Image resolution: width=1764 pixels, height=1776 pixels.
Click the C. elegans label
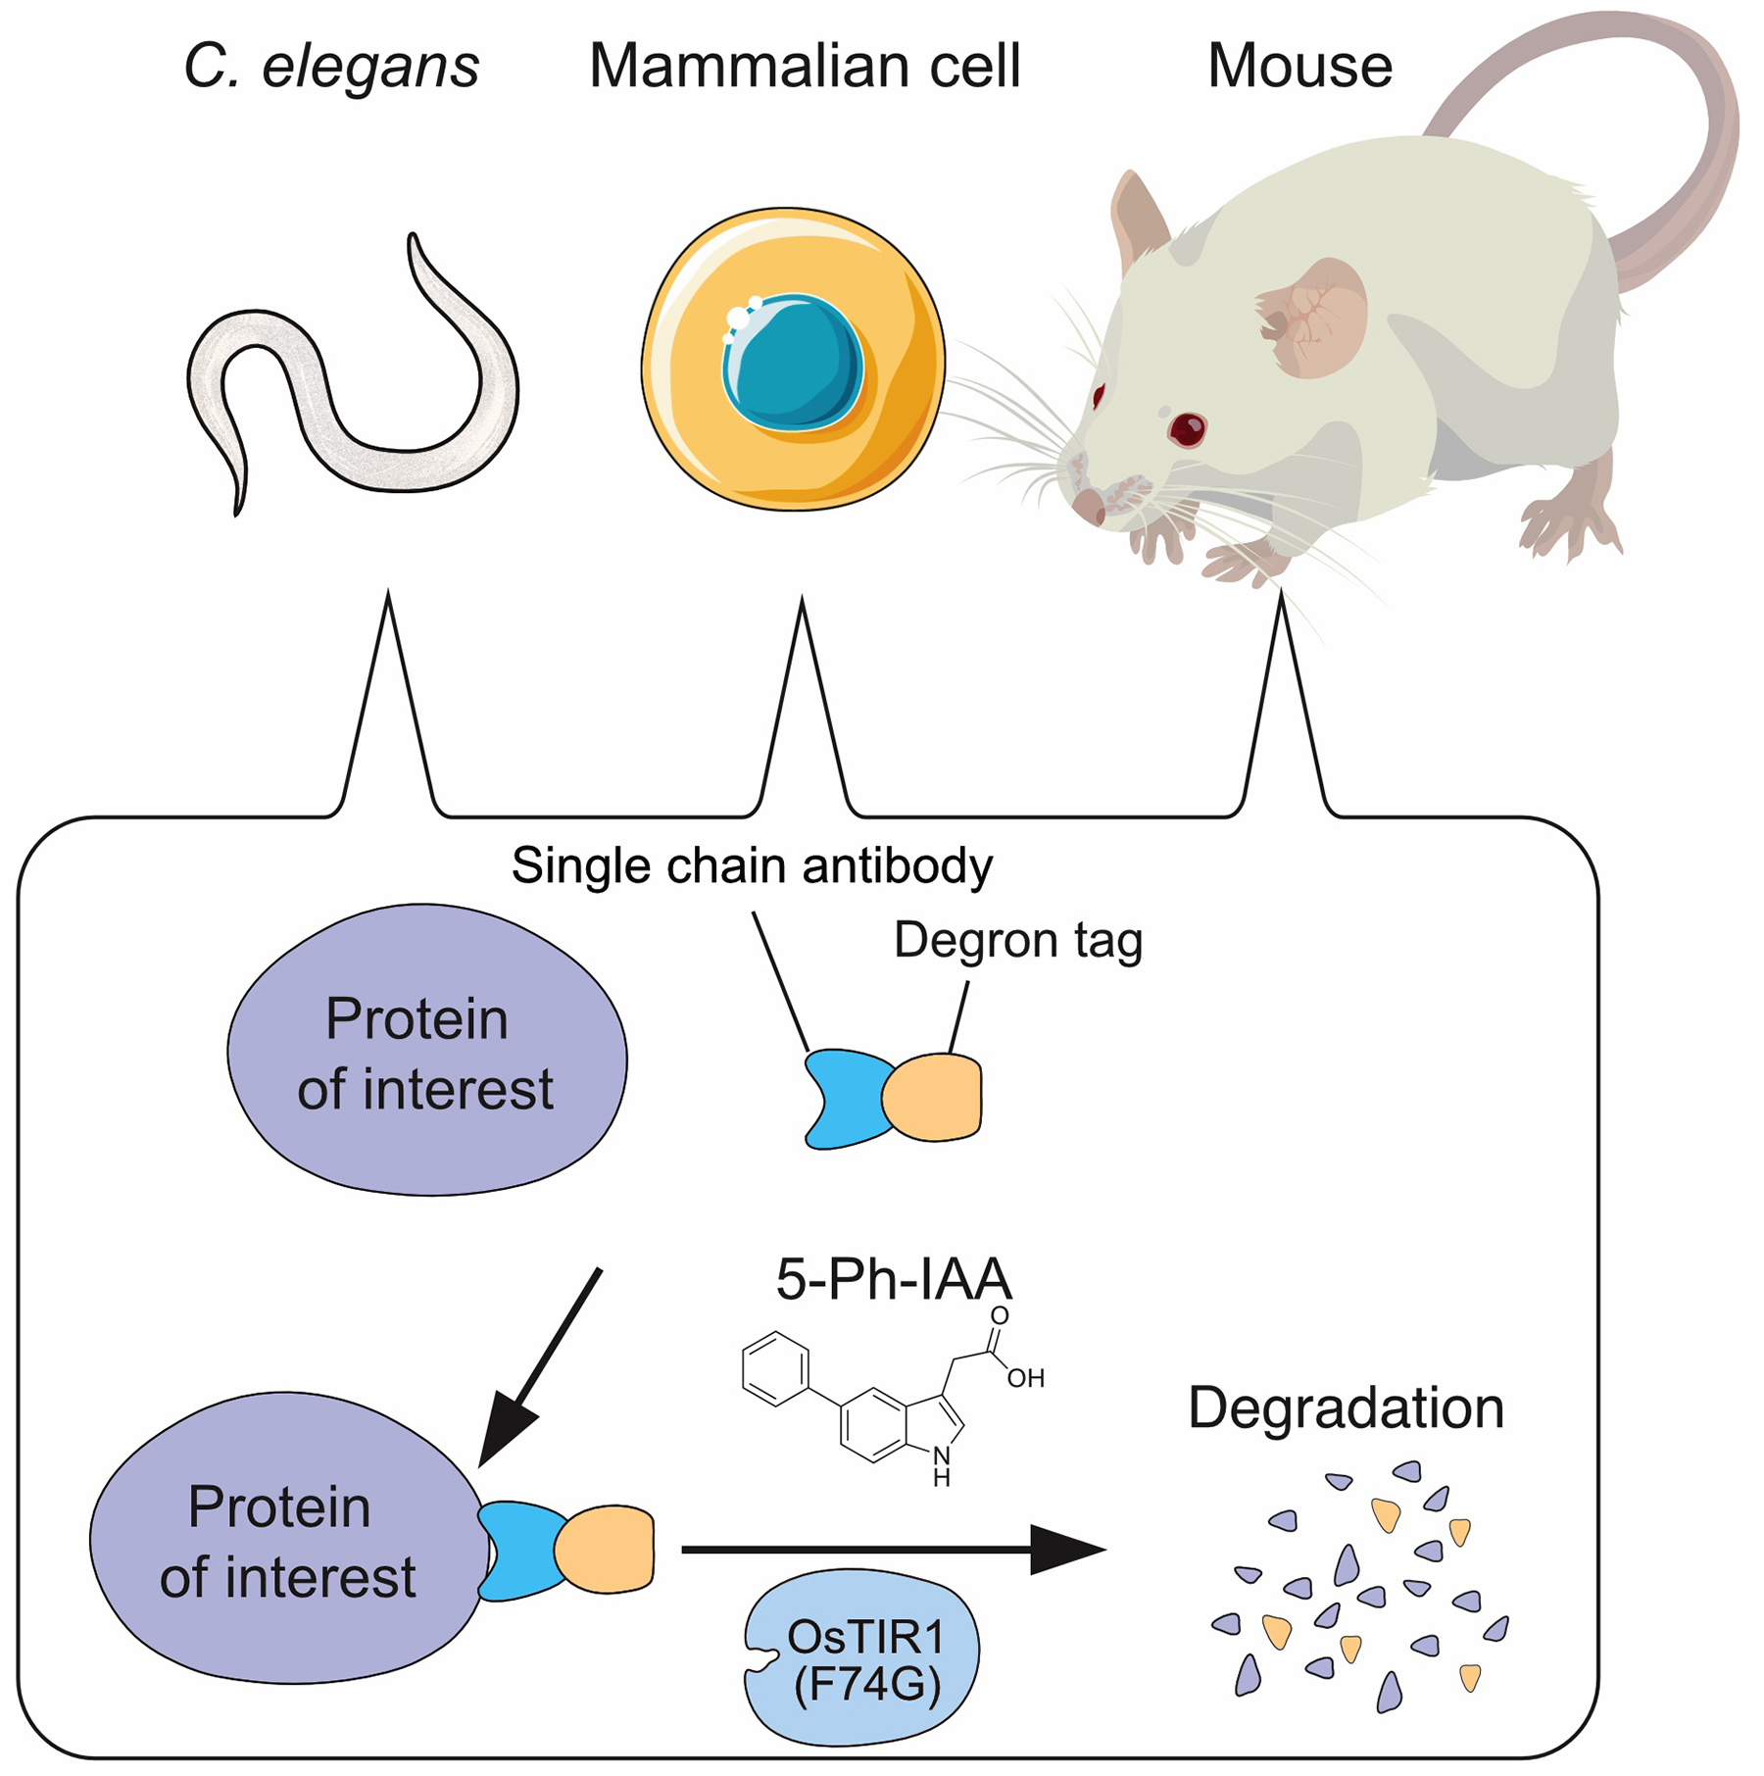[331, 67]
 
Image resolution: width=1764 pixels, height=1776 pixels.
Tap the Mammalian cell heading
[804, 67]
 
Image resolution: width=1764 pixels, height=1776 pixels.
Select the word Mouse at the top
[1299, 67]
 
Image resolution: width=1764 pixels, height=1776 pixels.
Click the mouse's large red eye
[1187, 428]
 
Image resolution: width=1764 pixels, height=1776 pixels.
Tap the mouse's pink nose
[1088, 505]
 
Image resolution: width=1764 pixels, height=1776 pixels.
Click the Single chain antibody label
[752, 866]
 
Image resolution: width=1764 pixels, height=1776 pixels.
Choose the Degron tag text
[1018, 940]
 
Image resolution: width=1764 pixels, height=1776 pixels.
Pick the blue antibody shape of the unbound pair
[843, 1098]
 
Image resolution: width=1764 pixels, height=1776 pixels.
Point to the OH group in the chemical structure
[1025, 1379]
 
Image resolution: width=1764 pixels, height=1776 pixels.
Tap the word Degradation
[1346, 1408]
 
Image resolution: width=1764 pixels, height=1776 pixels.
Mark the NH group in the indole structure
[942, 1466]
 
